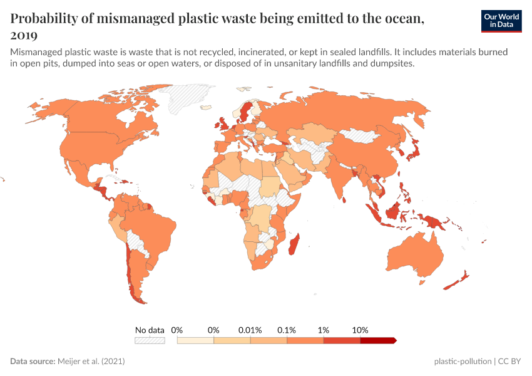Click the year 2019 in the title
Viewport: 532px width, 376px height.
24,35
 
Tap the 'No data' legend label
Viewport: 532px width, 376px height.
150,330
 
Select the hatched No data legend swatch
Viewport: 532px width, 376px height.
150,340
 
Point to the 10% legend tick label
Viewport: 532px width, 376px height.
361,330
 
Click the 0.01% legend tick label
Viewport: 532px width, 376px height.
250,330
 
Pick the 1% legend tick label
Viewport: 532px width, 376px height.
324,330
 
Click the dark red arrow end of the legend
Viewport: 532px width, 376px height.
393,340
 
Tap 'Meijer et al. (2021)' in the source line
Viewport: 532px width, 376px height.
95,362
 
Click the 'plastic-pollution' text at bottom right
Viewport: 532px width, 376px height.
463,362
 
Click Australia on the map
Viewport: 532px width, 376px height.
416,254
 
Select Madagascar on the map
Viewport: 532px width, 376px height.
292,244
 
